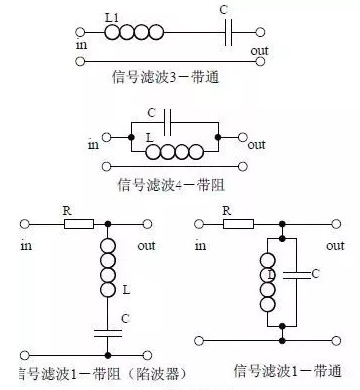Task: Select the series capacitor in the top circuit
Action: click(x=232, y=33)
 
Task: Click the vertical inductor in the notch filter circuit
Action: click(x=107, y=270)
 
